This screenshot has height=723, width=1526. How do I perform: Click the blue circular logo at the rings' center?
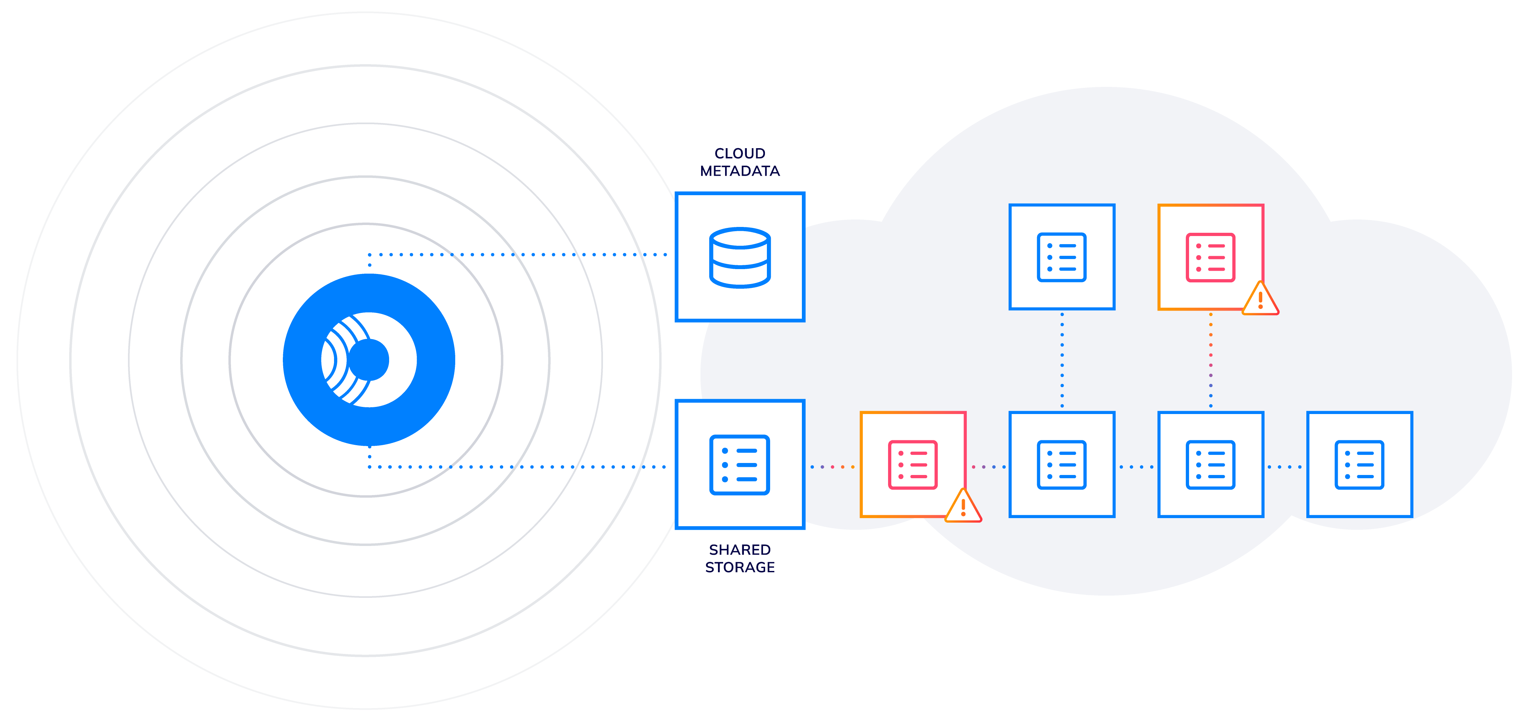coord(368,360)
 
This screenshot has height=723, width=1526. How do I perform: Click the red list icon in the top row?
coord(1210,257)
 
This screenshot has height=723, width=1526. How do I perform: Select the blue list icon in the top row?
coord(1062,257)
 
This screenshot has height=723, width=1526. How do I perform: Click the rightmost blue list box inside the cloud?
coord(1359,465)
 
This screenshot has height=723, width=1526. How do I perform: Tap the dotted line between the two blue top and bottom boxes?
coord(1062,360)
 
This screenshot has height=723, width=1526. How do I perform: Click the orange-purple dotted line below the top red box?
coord(1210,360)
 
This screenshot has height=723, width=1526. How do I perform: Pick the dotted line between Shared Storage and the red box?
coord(832,467)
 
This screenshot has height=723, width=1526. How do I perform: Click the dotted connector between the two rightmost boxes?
coord(1286,467)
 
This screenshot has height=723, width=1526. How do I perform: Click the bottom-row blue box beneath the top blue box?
coord(1062,465)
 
